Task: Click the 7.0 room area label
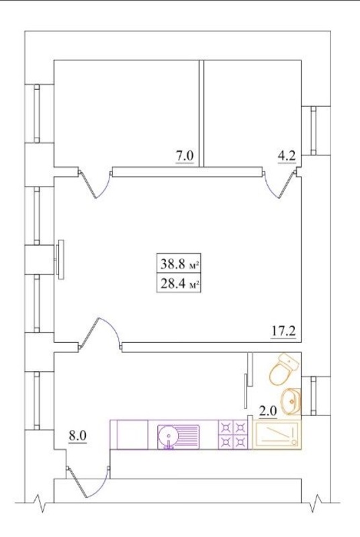point(185,156)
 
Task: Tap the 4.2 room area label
point(286,156)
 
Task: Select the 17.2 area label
point(283,331)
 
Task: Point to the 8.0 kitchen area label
point(77,436)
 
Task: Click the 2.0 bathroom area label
point(268,411)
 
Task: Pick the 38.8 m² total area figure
point(179,264)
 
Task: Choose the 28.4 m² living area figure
point(179,283)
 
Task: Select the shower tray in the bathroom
point(277,434)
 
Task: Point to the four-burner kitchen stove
point(233,435)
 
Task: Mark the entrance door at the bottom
point(88,481)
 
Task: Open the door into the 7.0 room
point(95,184)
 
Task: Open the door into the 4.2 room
point(281,184)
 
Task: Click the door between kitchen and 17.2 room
point(100,334)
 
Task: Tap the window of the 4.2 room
point(314,130)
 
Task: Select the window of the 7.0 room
point(37,113)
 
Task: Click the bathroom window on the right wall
point(313,395)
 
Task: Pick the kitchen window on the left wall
point(37,400)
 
